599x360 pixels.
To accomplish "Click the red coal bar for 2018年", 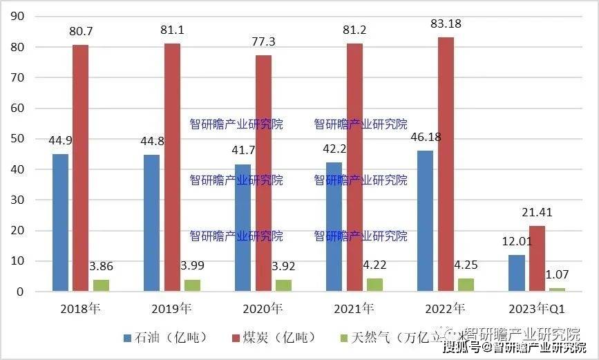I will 80,168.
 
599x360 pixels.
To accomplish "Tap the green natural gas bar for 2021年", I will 375,285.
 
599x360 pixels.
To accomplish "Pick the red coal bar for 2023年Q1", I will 537,258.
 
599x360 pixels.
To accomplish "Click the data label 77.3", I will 263,41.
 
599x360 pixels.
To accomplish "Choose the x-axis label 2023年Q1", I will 537,309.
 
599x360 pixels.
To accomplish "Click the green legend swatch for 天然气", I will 345,338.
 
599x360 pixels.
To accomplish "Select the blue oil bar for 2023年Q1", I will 517,274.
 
